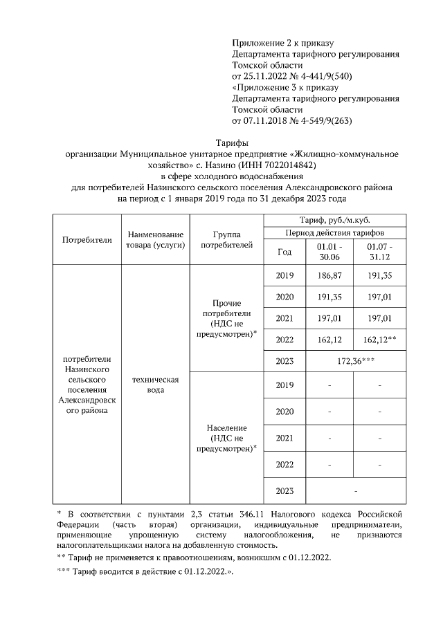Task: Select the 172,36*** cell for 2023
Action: pos(355,360)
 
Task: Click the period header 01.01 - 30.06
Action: pos(329,252)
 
